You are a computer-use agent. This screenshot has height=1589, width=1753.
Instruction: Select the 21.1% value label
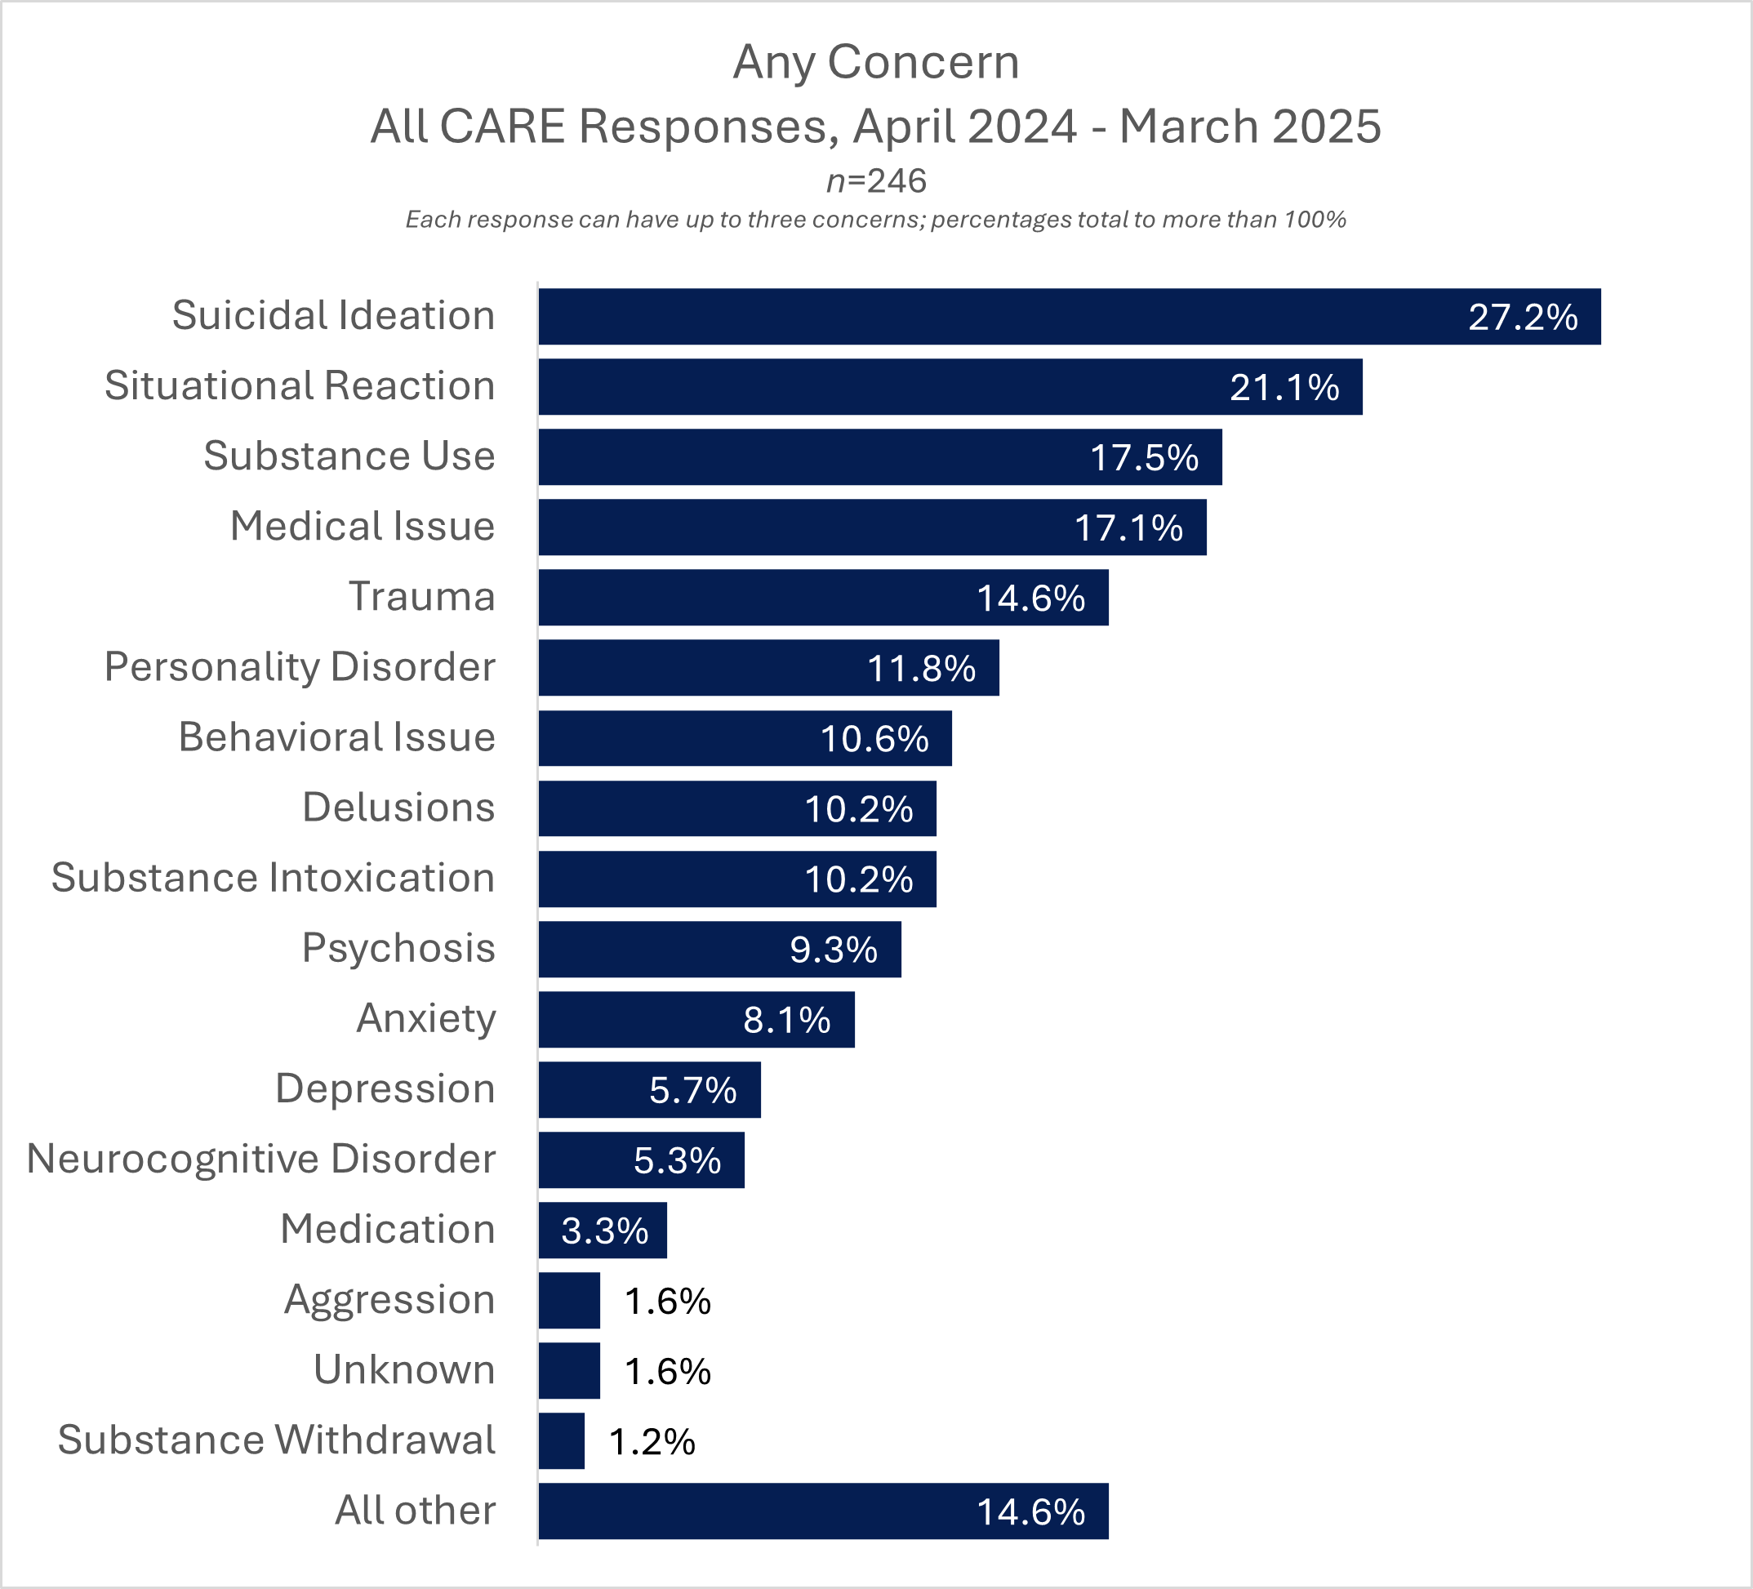[x=1284, y=388]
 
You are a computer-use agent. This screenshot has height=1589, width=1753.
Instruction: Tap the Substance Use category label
[x=349, y=456]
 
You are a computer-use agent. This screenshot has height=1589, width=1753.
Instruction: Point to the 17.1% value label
[x=1128, y=528]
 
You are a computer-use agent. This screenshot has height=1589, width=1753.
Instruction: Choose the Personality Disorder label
[x=299, y=667]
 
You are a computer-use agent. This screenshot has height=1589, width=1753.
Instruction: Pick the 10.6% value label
[x=874, y=739]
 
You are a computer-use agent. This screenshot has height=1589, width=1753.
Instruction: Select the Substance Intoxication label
[x=272, y=878]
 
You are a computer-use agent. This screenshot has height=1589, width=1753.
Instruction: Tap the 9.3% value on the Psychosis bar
[x=833, y=950]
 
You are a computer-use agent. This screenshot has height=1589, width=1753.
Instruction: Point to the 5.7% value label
[x=692, y=1091]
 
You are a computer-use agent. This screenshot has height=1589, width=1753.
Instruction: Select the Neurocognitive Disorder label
[x=260, y=1159]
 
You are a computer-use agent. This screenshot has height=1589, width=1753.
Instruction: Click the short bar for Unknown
[x=568, y=1371]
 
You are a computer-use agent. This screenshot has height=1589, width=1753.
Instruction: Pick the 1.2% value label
[x=652, y=1442]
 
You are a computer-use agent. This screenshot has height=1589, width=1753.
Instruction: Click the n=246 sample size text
[x=875, y=181]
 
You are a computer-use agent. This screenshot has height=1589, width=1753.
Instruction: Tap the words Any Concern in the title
[x=875, y=62]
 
